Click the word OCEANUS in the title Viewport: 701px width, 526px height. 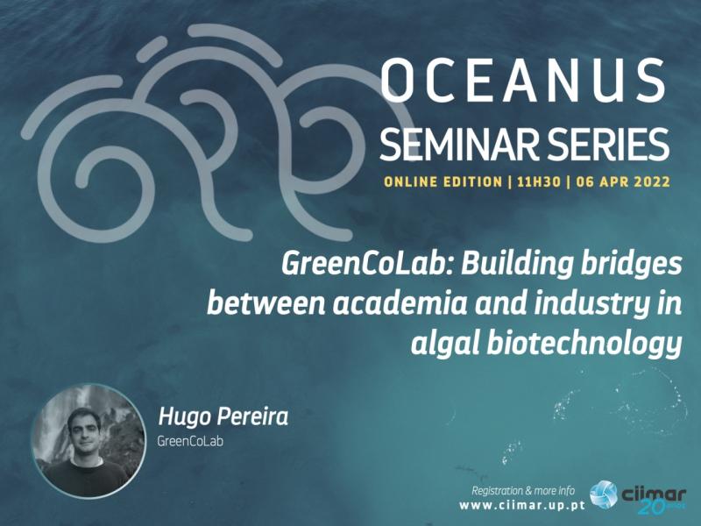tap(523, 81)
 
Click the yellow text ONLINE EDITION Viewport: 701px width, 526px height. tap(443, 181)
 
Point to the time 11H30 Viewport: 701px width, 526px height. tap(539, 181)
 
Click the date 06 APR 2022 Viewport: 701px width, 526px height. tap(623, 181)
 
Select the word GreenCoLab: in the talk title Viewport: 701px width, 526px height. tap(366, 265)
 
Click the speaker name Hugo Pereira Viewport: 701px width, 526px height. tap(223, 417)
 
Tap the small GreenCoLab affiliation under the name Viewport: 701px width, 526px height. tap(190, 441)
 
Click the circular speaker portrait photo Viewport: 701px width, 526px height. tap(89, 441)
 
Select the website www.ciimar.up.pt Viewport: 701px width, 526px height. tap(522, 506)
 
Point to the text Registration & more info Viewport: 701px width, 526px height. tap(523, 491)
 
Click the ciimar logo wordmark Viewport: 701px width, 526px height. tap(654, 495)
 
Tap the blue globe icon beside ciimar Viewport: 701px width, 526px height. tap(603, 495)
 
